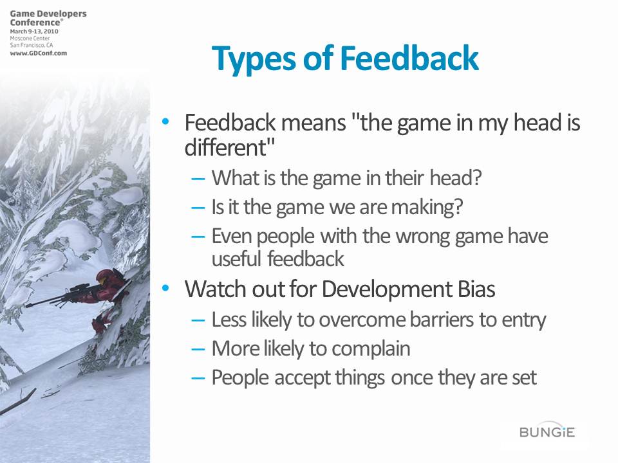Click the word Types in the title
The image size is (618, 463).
point(253,59)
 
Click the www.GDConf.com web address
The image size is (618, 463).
point(38,53)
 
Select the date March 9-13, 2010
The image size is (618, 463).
point(34,31)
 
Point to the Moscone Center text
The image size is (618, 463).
point(30,38)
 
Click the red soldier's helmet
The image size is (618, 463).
point(105,277)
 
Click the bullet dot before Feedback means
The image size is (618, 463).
point(165,122)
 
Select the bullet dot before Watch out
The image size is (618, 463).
point(165,288)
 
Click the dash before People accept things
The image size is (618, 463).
point(198,378)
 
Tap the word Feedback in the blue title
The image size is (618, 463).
point(409,59)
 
